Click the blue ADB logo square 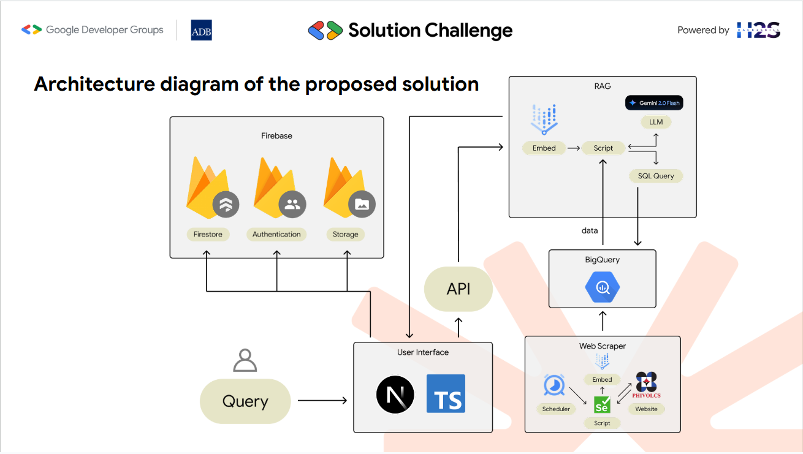coord(201,30)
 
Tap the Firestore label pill coord(208,234)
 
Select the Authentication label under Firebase coord(276,234)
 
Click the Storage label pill coord(346,234)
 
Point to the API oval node coord(458,289)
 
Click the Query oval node coord(245,401)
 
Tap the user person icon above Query coord(245,360)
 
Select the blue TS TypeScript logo coord(446,394)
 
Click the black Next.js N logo coord(395,395)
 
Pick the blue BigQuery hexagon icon coord(602,287)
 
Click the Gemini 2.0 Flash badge coord(654,103)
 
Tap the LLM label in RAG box coord(656,122)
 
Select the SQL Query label coord(656,176)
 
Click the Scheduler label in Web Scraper coord(556,409)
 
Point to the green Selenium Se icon coord(602,405)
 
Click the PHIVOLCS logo coord(646,385)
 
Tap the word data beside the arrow coord(590,230)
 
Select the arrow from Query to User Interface coord(322,400)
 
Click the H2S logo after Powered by coord(758,30)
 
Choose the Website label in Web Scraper coord(646,409)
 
